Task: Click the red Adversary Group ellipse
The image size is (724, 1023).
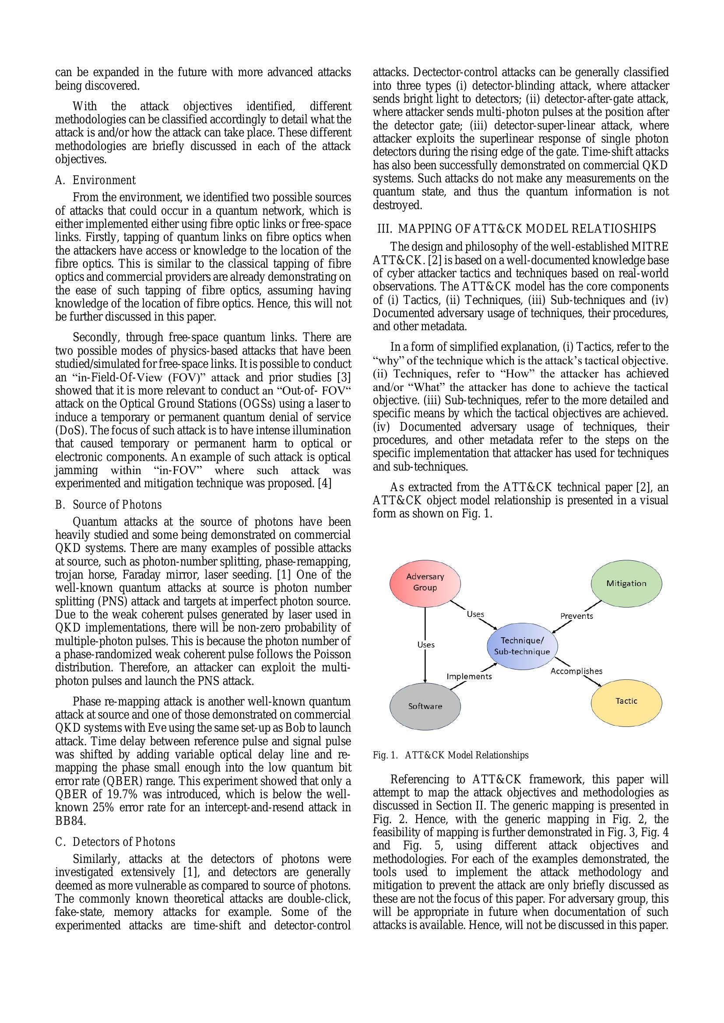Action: pyautogui.click(x=425, y=582)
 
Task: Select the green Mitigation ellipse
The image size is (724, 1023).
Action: pyautogui.click(x=626, y=584)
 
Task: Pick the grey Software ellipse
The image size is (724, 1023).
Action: pyautogui.click(x=425, y=706)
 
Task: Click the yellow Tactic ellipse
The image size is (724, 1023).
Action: pyautogui.click(x=626, y=701)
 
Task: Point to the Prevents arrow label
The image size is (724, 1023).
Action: pyautogui.click(x=576, y=616)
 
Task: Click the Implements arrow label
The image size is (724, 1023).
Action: pyautogui.click(x=469, y=676)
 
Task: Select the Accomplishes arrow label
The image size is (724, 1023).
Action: pyautogui.click(x=576, y=671)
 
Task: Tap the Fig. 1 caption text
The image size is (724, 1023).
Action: pyautogui.click(x=450, y=755)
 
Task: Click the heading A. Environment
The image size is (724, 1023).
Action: pyautogui.click(x=95, y=181)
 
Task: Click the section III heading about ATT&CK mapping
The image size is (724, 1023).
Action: pyautogui.click(x=517, y=229)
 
